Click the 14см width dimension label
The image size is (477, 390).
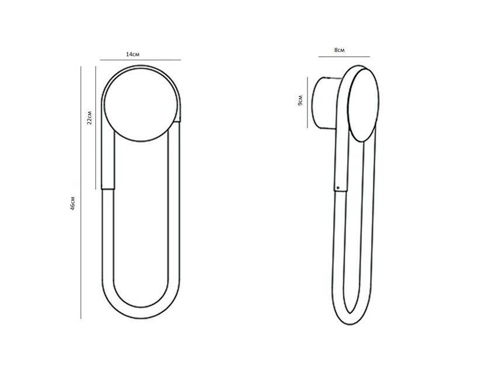[133, 54]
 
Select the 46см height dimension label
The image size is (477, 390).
[72, 203]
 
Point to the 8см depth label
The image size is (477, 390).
[340, 50]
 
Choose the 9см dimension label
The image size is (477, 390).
[300, 101]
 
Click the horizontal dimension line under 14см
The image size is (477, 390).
[140, 60]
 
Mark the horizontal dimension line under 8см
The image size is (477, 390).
[344, 57]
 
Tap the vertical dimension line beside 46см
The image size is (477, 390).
[81, 192]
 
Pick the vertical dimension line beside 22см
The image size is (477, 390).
[95, 128]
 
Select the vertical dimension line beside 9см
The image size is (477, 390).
[307, 102]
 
